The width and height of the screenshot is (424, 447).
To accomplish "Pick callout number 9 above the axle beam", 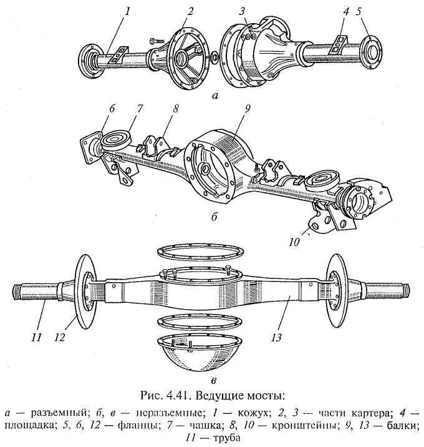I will (x=248, y=107).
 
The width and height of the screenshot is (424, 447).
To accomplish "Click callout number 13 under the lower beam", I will (x=277, y=337).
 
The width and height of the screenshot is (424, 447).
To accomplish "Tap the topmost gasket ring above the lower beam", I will (x=199, y=250).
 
